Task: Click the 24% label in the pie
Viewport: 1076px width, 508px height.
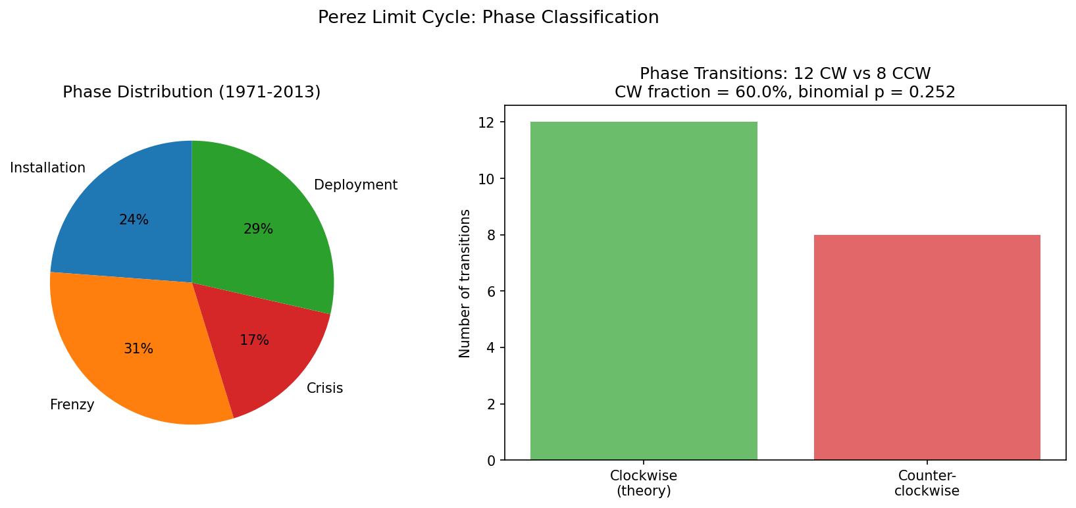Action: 134,220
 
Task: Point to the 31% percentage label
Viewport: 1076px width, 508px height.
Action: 138,349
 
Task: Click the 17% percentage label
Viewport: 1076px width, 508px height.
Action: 254,340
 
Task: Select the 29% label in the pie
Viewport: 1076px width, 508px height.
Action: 258,229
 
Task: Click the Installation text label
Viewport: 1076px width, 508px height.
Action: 47,168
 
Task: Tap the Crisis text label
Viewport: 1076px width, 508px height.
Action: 324,388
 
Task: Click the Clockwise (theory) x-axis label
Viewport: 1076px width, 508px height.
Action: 644,483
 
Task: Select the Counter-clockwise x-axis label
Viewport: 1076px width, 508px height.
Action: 927,483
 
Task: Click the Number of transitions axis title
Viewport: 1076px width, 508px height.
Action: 465,283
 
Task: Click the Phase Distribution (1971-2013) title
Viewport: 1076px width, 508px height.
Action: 192,92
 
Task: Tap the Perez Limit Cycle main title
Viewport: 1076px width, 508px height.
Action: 488,17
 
